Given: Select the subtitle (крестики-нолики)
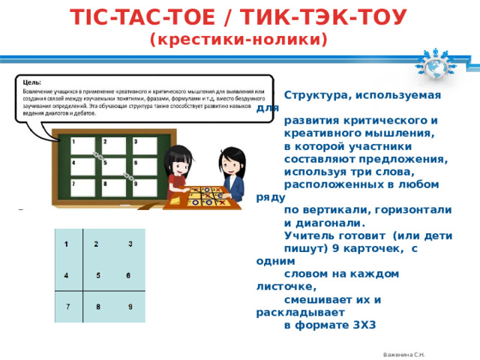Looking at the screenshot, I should click(x=239, y=39).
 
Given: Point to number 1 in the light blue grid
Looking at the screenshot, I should click(x=67, y=244).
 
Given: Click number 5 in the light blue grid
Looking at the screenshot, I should click(x=99, y=275).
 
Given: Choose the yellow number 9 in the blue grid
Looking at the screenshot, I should click(x=130, y=306).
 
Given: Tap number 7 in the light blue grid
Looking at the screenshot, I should click(x=67, y=306).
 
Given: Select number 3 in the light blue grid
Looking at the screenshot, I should click(x=130, y=244).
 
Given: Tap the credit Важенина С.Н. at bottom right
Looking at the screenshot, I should click(x=404, y=354).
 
